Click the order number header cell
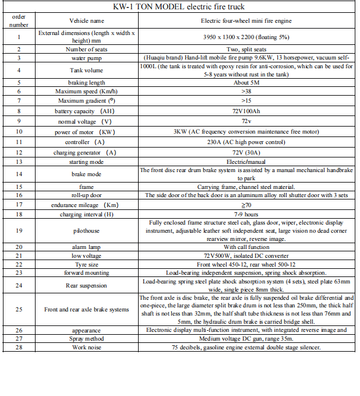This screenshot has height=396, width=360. click(x=19, y=20)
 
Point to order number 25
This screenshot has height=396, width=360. click(x=19, y=309)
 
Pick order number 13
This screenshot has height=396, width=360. click(x=19, y=162)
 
